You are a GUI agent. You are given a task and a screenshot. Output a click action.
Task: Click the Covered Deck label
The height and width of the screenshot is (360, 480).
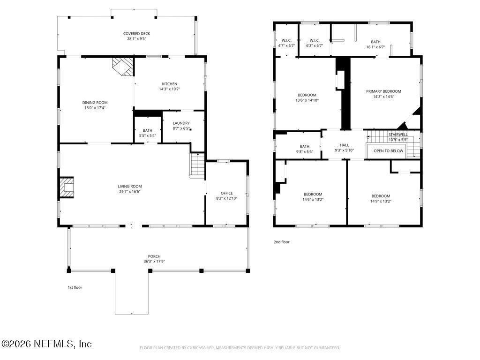tap(136, 34)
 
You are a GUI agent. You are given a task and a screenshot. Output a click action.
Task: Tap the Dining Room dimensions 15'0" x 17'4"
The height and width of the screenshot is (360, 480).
tap(95, 108)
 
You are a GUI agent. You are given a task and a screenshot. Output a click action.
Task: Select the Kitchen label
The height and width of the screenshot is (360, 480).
tap(169, 84)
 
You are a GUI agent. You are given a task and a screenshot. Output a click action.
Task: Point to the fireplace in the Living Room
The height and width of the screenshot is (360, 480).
tap(67, 187)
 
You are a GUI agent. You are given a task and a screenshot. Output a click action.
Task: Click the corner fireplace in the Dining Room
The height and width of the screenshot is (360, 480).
tap(123, 66)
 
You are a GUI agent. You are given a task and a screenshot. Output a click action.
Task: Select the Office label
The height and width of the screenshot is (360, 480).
tap(226, 193)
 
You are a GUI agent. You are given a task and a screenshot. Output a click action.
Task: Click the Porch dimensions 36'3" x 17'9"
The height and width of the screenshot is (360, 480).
tap(154, 261)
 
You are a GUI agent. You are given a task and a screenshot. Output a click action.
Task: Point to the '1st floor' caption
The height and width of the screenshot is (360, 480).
tap(75, 287)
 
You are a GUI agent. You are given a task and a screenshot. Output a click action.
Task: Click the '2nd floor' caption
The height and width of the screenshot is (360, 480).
tap(282, 242)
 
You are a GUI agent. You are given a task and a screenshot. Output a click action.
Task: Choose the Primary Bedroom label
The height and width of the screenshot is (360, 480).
tap(383, 91)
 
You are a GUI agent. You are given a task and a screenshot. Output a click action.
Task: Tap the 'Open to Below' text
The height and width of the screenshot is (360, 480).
tap(388, 151)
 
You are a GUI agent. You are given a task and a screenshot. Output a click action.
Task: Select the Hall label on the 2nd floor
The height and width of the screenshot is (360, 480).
tap(344, 145)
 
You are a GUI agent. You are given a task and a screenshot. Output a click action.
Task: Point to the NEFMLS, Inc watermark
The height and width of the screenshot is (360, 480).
tap(47, 344)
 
